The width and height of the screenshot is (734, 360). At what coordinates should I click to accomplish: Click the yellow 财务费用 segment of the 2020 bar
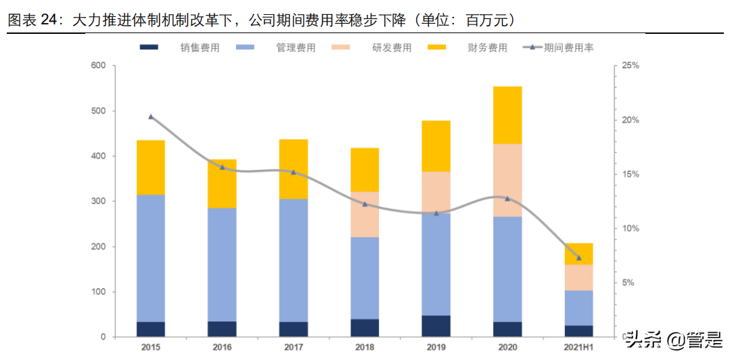coord(507,115)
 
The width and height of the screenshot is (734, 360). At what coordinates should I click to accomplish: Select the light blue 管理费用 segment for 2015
coord(151,258)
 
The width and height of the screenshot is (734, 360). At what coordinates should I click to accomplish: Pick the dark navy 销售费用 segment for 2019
coord(436,326)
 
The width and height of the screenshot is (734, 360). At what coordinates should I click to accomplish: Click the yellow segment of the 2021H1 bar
coord(578,254)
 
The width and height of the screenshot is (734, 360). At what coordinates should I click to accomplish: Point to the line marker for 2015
coord(151,117)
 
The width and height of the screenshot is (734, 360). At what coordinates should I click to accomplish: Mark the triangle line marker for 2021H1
coord(578,258)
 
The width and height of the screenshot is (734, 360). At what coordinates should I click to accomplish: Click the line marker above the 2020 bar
coord(507,198)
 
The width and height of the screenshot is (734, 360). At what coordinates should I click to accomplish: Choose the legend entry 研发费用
coord(392,48)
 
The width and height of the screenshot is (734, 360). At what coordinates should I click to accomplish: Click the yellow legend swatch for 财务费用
coord(437,48)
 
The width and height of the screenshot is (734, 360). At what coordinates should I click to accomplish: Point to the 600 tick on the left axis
coord(99,66)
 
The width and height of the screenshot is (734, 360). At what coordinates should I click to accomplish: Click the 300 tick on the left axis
coord(99,202)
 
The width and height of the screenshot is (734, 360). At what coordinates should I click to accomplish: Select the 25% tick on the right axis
coord(630,66)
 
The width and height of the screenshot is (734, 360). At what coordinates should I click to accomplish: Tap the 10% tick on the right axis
coord(630,229)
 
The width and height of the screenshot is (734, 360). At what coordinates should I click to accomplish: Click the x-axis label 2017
coord(294,347)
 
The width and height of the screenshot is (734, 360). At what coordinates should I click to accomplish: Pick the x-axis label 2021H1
coord(578,347)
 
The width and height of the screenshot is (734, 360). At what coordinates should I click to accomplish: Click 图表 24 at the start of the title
coord(31,21)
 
